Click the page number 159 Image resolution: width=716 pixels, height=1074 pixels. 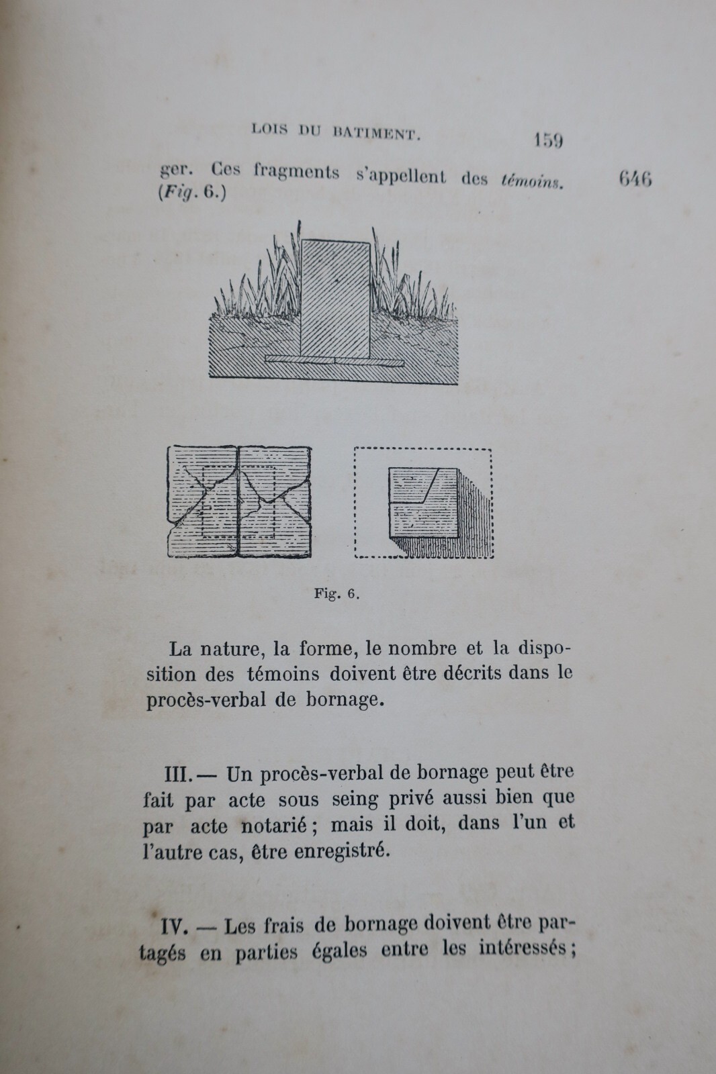coord(547,140)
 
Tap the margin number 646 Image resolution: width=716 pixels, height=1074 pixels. coord(635,179)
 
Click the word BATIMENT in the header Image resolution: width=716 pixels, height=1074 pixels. coord(377,132)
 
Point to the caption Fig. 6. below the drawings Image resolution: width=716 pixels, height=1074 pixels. coord(337,593)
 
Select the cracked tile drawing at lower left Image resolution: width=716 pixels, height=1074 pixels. coord(238,501)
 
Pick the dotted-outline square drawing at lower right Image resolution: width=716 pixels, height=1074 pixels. coord(423,502)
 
